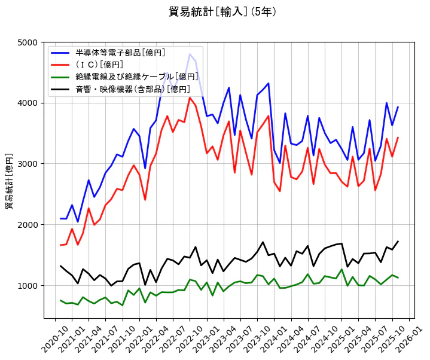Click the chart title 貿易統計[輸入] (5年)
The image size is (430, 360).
[x=222, y=12]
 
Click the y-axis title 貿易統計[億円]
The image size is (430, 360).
[x=10, y=181]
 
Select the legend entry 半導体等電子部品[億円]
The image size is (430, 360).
[x=120, y=53]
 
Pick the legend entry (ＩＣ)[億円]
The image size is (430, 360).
[x=99, y=65]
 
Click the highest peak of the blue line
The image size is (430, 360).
[x=190, y=54]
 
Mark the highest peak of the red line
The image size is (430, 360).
[x=190, y=97]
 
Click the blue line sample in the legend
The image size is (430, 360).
[x=61, y=53]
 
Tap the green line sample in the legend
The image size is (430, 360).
[x=61, y=77]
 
